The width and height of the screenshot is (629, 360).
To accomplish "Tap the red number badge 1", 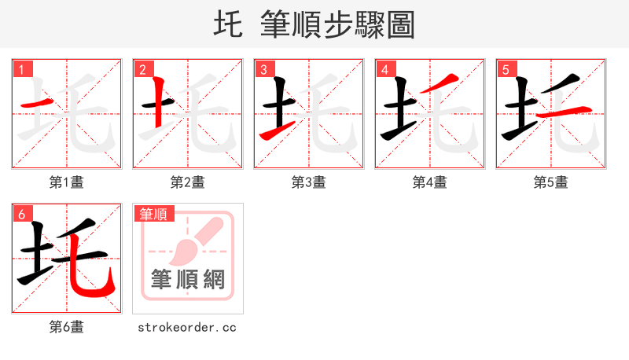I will pos(21,69).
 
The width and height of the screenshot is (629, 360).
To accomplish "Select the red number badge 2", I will pos(142,69).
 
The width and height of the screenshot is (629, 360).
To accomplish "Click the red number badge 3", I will pos(263,69).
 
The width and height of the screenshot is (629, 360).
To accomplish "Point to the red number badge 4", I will pos(384,69).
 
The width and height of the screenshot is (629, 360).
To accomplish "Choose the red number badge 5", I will pos(506,69).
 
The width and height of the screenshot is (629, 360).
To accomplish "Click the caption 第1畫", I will pos(67,182).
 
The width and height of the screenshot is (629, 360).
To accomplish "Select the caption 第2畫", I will pos(188,182).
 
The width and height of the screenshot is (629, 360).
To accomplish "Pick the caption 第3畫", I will pos(309,182).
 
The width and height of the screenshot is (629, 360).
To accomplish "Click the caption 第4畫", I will pos(430,182).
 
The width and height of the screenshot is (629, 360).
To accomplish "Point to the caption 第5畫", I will pos(551,182).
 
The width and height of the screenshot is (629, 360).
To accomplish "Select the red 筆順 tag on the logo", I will pos(154,214).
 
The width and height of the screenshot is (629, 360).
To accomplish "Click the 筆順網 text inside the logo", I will pos(188,279).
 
